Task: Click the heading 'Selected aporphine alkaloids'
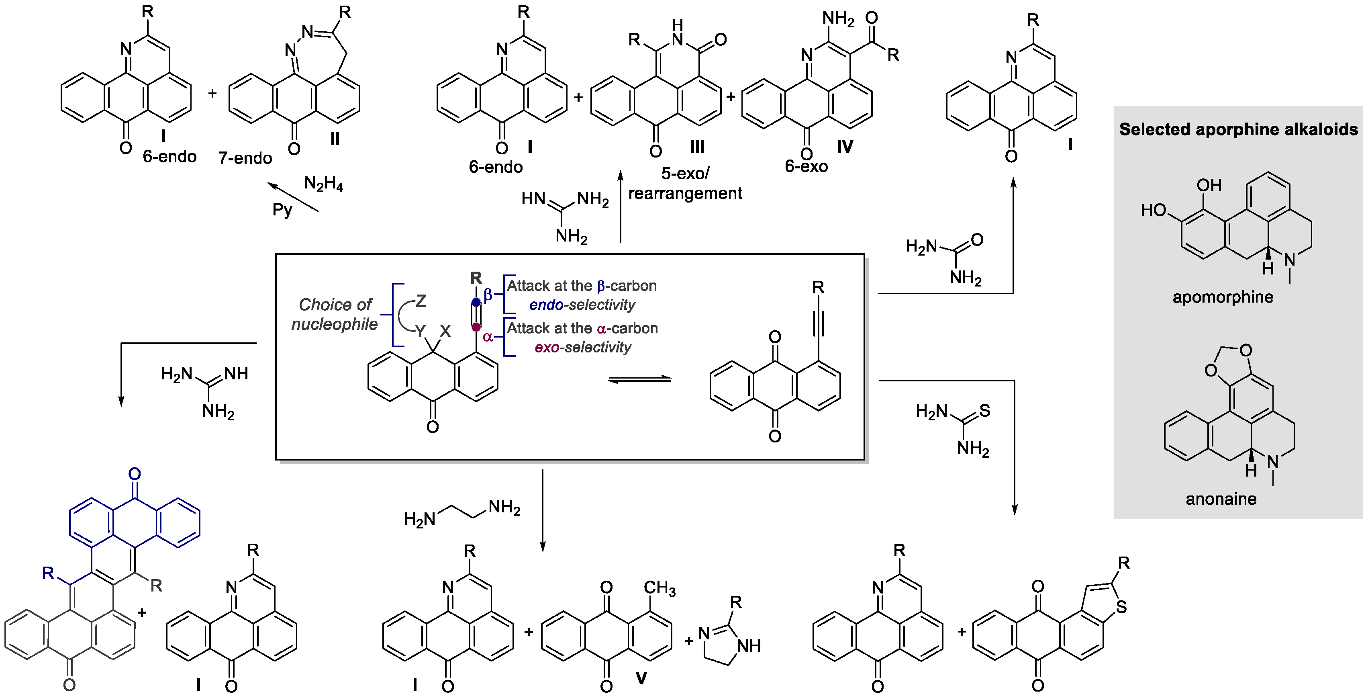(1238, 129)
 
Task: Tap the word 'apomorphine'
(1223, 297)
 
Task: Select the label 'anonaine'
(1221, 499)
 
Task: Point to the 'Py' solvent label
(282, 209)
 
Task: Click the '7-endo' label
(245, 158)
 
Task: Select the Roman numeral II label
(335, 139)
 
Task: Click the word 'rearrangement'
(685, 193)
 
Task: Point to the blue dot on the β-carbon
(476, 302)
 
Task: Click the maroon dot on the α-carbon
(476, 327)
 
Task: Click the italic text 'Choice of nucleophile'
(335, 314)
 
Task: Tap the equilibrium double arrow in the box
(639, 379)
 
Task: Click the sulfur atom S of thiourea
(985, 410)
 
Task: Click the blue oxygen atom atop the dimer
(135, 473)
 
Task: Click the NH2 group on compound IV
(838, 18)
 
